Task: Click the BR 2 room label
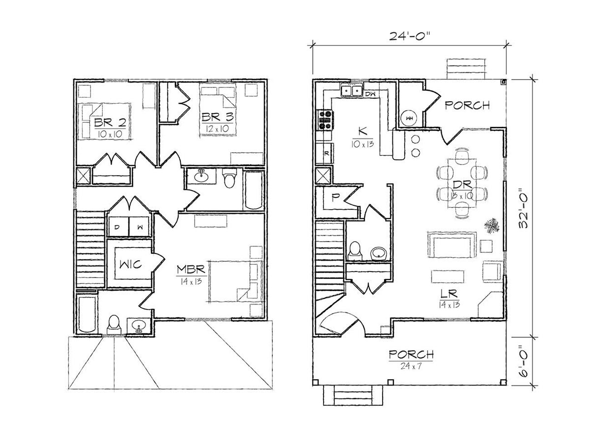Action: coord(110,123)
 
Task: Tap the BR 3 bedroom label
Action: coord(217,117)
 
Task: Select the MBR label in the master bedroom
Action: coord(191,270)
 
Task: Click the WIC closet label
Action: coord(130,265)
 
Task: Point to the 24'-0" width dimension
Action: coord(408,36)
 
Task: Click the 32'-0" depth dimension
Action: coord(523,207)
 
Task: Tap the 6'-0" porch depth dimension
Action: coord(523,361)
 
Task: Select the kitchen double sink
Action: coord(352,90)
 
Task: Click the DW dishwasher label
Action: coord(370,94)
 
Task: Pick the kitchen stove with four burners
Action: coord(324,120)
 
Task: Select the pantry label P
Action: coord(335,197)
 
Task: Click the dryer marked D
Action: coord(118,227)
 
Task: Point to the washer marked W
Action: coord(139,227)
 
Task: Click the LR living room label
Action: coord(449,294)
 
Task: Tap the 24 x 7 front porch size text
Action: coord(411,366)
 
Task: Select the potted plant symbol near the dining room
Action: coord(492,225)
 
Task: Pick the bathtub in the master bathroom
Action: coord(87,314)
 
